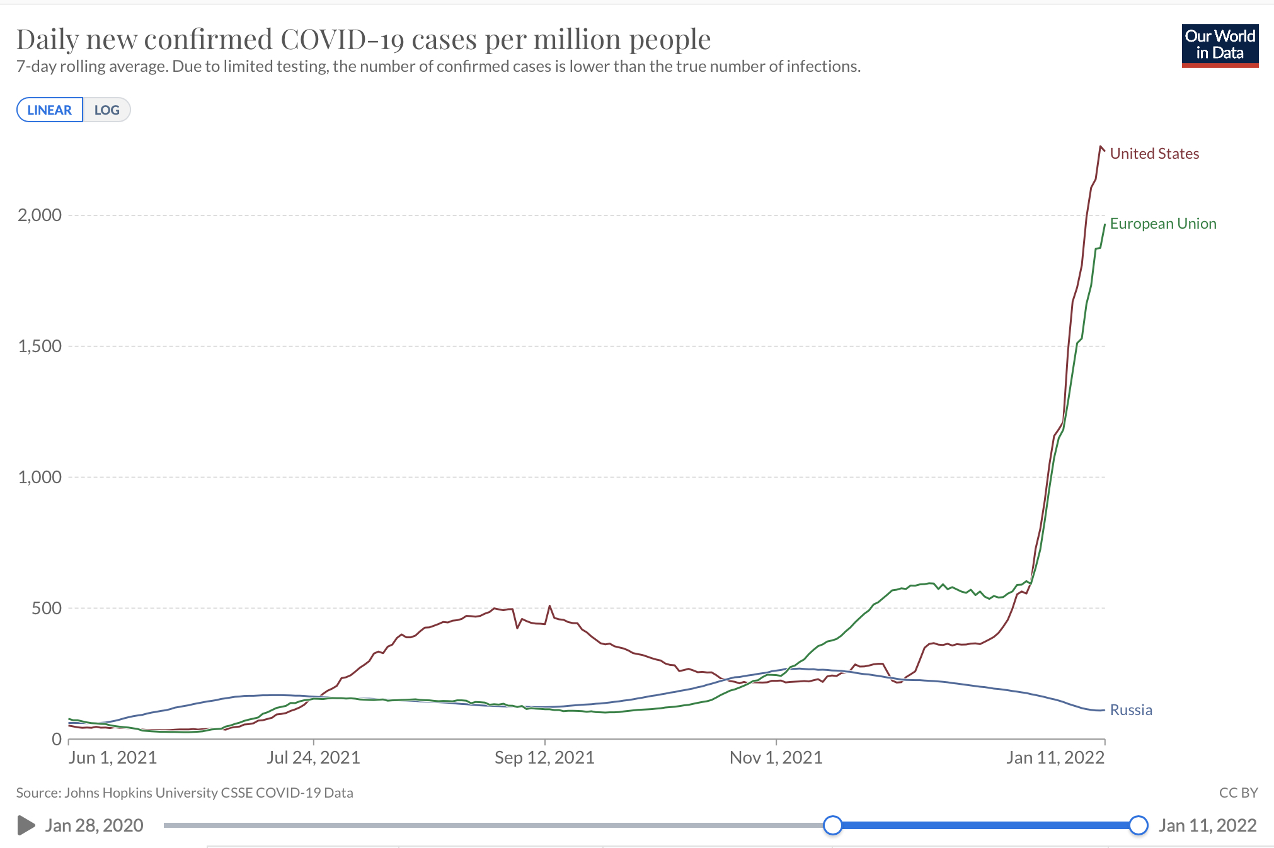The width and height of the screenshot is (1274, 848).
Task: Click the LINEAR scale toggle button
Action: (50, 110)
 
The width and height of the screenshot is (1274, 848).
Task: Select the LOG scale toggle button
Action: (106, 110)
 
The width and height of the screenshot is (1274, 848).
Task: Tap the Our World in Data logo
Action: (1220, 45)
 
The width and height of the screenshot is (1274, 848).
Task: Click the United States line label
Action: (1154, 154)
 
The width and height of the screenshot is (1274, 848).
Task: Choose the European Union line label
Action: (1162, 224)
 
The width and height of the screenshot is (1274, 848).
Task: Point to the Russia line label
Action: (1131, 710)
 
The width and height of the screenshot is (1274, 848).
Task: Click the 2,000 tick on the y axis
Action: (40, 215)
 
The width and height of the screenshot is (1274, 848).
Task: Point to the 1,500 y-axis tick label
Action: (40, 347)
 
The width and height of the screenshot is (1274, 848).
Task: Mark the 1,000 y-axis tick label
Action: (40, 478)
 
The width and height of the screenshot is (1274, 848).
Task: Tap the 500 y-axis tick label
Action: (47, 609)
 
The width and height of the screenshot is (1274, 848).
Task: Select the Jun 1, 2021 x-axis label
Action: (113, 757)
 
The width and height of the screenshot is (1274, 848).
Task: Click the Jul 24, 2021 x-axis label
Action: (313, 757)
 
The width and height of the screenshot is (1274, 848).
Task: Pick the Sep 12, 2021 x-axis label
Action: (544, 757)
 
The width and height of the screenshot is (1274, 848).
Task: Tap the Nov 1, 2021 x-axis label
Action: (776, 757)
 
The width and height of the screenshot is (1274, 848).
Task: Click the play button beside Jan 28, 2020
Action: (26, 825)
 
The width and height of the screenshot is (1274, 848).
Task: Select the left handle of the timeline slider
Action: (832, 825)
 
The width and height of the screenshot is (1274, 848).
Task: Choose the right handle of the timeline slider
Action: (1138, 825)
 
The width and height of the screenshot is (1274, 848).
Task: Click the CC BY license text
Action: (1238, 793)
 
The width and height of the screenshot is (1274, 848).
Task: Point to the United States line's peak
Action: (1101, 147)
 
